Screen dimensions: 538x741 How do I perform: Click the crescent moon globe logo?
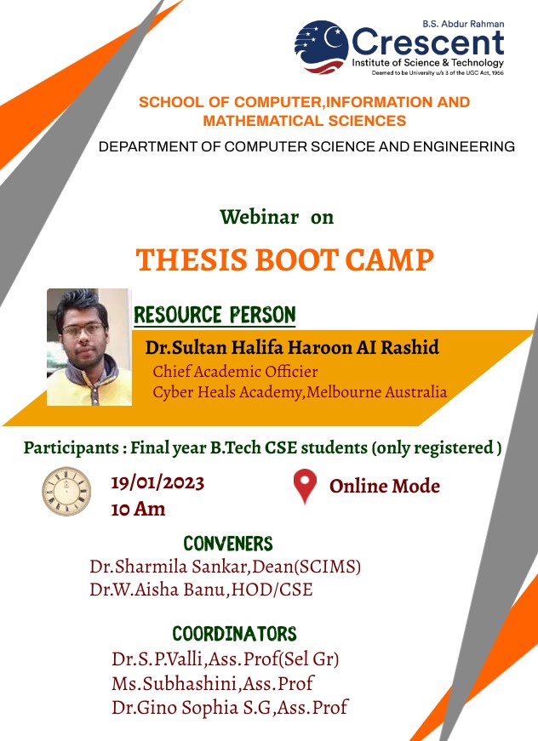point(322,47)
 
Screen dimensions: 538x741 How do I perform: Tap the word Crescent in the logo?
point(428,43)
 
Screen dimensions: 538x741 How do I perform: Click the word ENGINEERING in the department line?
point(464,146)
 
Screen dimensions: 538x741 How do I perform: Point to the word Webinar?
point(260,217)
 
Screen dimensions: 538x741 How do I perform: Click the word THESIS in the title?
point(192,260)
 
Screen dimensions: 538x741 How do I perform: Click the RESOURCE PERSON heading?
point(215,315)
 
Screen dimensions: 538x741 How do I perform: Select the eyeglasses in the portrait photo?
point(83,329)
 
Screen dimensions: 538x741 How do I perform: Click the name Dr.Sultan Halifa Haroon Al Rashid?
point(292,347)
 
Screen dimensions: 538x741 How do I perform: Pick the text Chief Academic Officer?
point(235,372)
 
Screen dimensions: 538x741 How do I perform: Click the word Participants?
point(72,448)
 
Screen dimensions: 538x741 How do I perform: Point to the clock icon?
point(66,491)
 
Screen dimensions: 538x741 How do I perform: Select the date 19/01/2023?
point(157,483)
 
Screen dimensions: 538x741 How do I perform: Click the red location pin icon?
point(305,486)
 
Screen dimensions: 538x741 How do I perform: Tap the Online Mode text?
point(385,486)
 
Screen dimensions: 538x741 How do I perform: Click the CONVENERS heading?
point(228,544)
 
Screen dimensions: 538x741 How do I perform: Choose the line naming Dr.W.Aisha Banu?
point(202,590)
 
